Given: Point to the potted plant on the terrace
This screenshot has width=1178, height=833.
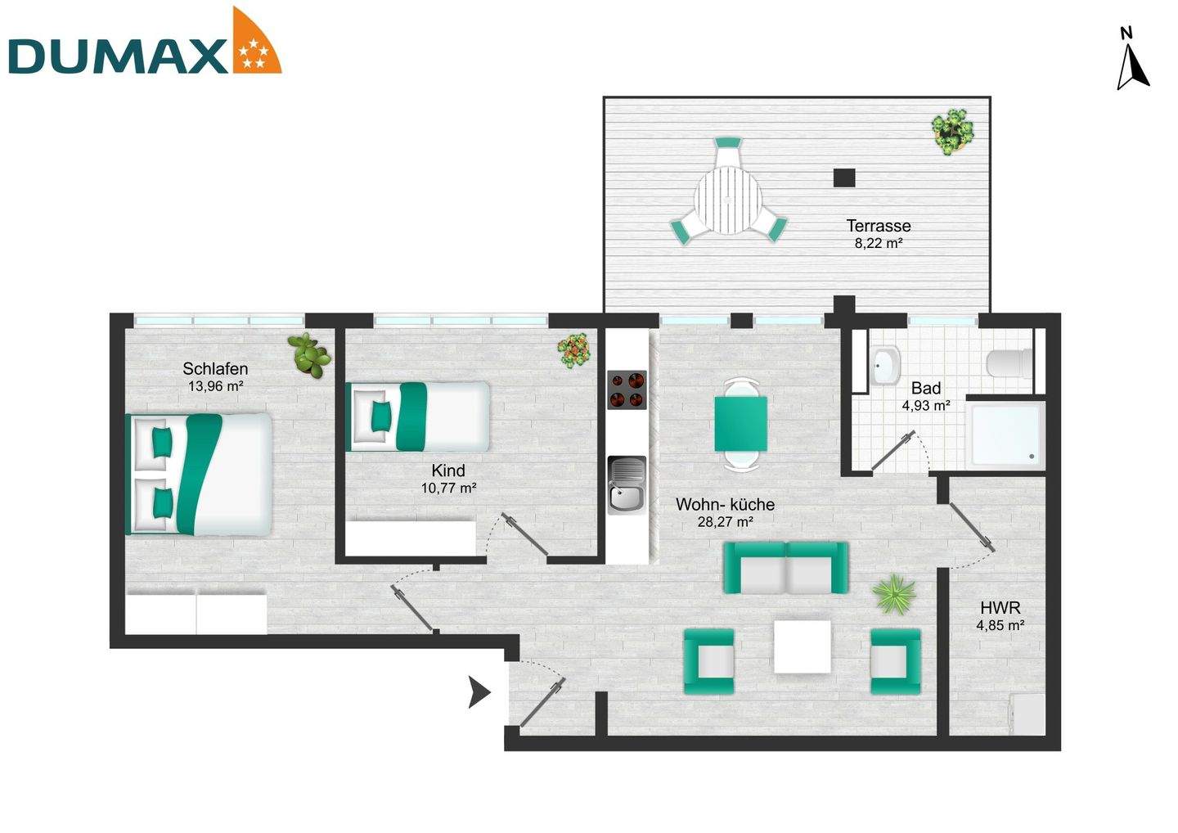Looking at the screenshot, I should [953, 131].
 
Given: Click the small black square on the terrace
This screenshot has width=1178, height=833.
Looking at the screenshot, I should [844, 176].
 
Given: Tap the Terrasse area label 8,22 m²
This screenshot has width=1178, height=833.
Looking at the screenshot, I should [878, 243].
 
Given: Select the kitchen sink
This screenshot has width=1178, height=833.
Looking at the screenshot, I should [627, 487].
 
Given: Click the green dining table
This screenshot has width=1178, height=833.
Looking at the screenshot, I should [741, 423].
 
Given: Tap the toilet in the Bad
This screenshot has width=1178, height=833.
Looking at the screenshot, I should [1008, 362].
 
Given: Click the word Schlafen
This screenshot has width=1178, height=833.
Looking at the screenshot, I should [215, 368].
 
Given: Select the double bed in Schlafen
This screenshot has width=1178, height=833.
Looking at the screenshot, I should [198, 474].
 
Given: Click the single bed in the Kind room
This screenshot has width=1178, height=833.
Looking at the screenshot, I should [418, 416].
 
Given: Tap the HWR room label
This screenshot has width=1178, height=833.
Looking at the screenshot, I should [1000, 608].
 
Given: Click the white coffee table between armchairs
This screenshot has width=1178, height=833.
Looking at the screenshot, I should [803, 646].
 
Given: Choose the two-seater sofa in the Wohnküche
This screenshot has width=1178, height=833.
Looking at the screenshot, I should [785, 568].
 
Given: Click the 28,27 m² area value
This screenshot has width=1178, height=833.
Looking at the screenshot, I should [725, 521].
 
